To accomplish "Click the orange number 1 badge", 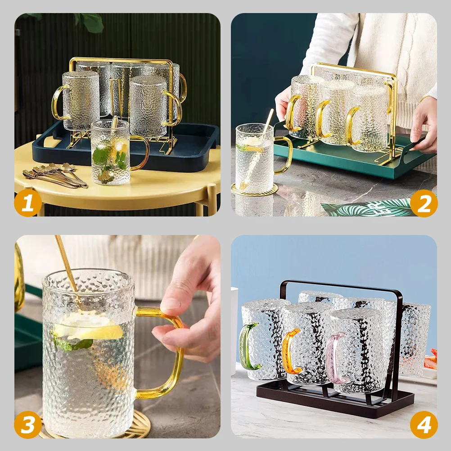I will [x=28, y=203].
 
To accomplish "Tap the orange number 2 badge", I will [x=424, y=203].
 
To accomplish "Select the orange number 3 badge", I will [x=28, y=424].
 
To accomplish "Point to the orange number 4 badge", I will [x=424, y=424].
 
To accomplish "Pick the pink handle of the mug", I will [x=332, y=357].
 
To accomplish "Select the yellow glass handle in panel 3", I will [x=169, y=356].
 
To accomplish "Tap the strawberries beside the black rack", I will [x=431, y=360].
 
